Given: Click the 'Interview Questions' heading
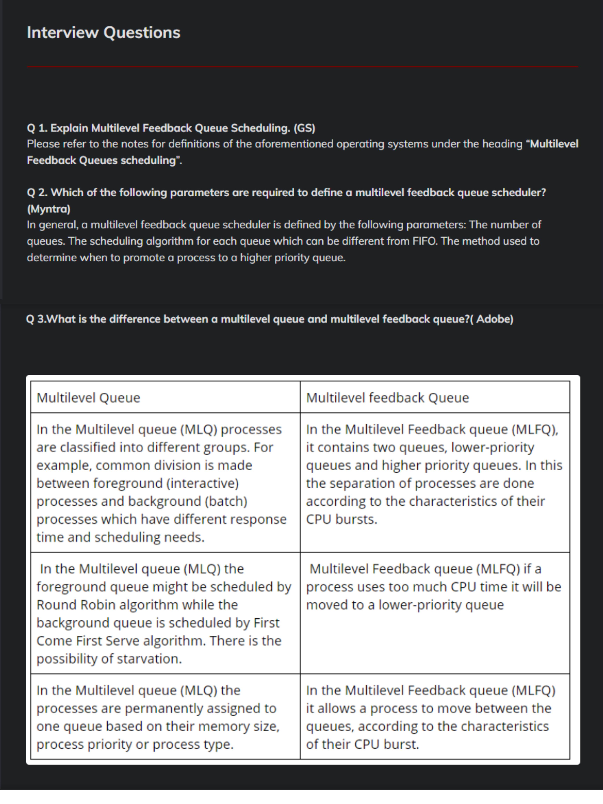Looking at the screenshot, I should pos(104,33).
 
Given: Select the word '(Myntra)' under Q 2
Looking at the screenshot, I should pos(49,209).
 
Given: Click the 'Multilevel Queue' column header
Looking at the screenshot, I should pos(88,398).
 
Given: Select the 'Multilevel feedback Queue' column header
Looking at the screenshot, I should pos(388,398).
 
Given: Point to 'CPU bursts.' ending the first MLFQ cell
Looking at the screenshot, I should pos(342,519).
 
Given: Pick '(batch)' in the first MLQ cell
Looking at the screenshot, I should pos(226,502).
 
